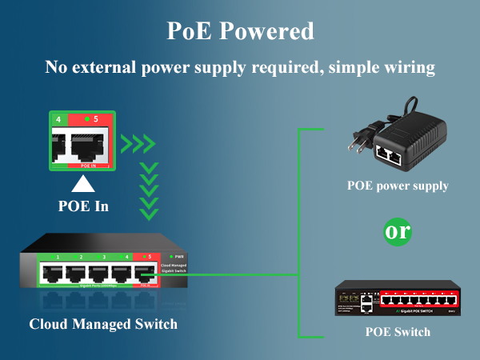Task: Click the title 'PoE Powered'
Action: pos(240,31)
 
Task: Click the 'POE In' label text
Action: pos(83,206)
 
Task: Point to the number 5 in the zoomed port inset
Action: pos(96,119)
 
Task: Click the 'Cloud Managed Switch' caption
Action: pos(103,324)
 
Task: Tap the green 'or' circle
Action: pos(398,231)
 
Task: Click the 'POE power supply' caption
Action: pos(398,186)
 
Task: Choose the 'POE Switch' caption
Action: pos(398,332)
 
